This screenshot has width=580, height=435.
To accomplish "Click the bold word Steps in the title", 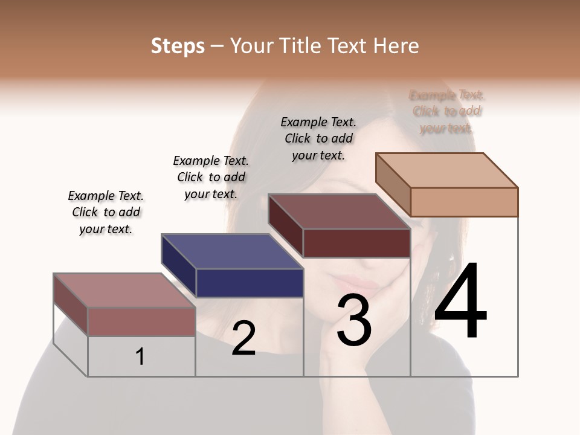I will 178,46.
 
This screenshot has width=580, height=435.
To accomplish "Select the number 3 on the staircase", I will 354,321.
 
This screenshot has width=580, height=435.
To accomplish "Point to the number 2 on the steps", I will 243,338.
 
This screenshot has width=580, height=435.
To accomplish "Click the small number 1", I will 140,357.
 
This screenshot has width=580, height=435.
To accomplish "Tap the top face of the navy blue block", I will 231,251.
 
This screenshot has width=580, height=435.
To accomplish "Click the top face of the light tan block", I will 446,170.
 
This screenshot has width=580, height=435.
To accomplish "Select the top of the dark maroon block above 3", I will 338,211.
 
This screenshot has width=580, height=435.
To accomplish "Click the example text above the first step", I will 106,212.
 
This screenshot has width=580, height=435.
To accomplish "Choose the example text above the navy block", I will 211,177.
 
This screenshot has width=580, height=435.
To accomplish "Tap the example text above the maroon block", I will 318,138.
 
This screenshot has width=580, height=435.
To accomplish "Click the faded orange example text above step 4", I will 446,111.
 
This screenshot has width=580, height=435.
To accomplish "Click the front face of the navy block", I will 250,283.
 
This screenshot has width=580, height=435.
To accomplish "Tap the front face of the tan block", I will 464,202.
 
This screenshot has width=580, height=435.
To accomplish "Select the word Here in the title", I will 398,46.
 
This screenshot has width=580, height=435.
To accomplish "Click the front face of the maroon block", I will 356,243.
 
